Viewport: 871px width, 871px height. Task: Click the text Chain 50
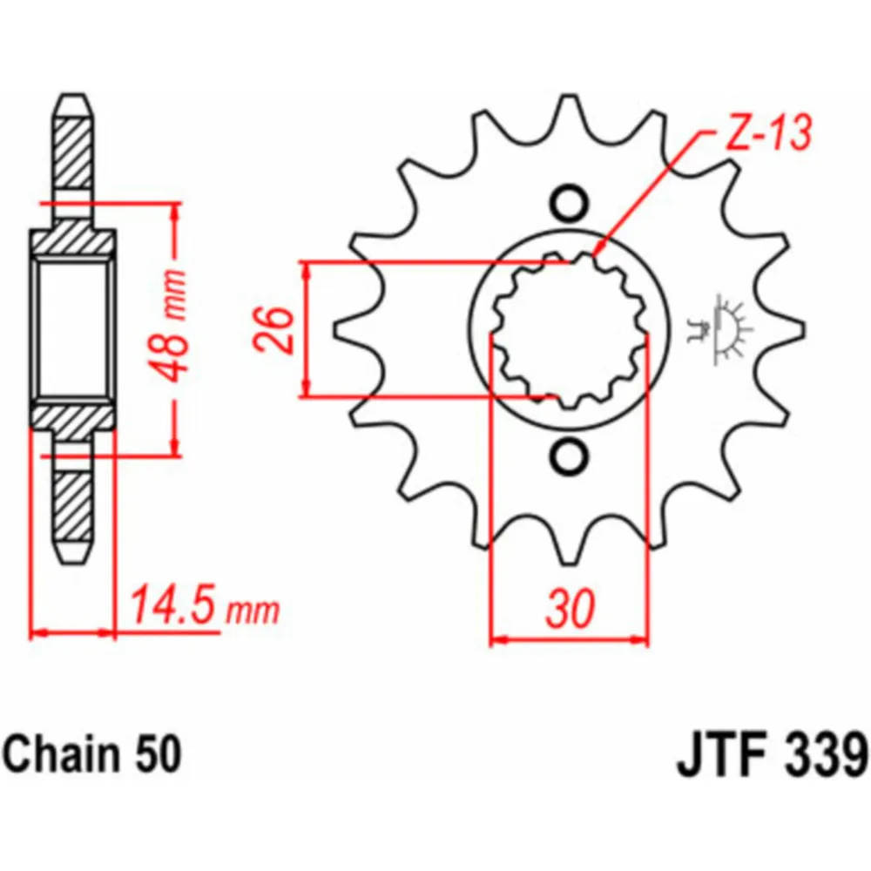click(x=91, y=754)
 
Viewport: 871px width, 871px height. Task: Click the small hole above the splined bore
click(x=568, y=203)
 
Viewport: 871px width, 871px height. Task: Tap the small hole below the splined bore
click(x=569, y=455)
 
